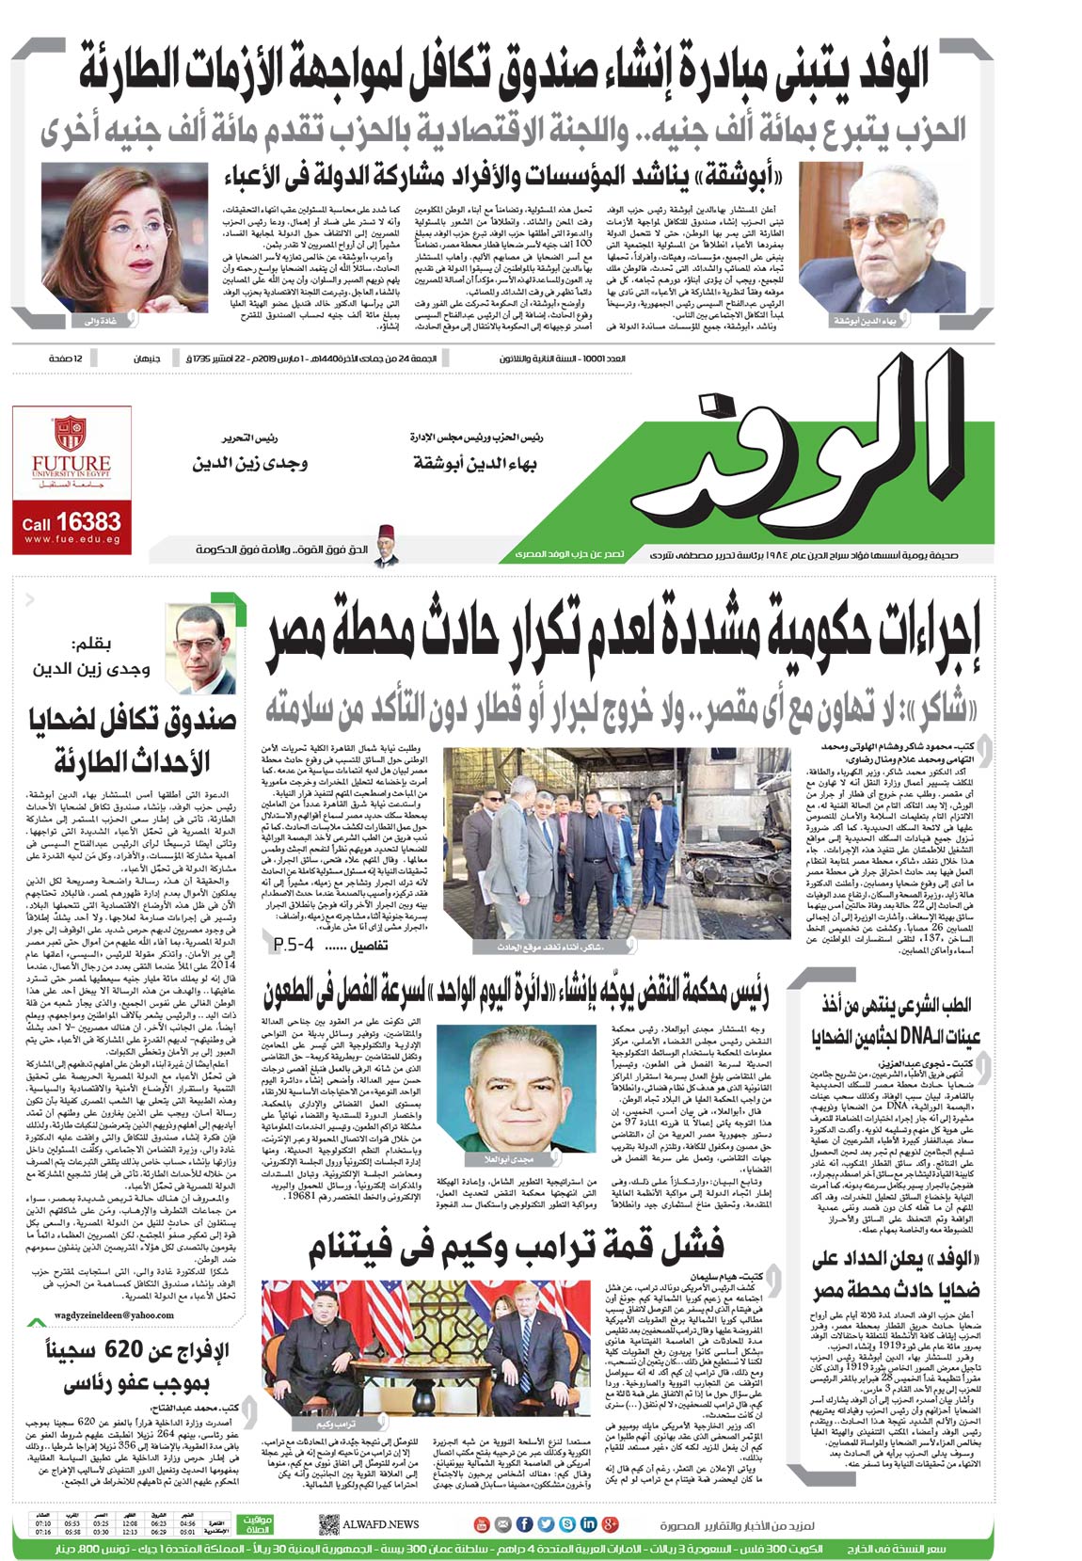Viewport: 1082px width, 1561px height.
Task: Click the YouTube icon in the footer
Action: point(481,1523)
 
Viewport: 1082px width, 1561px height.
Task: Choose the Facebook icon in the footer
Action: point(525,1523)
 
